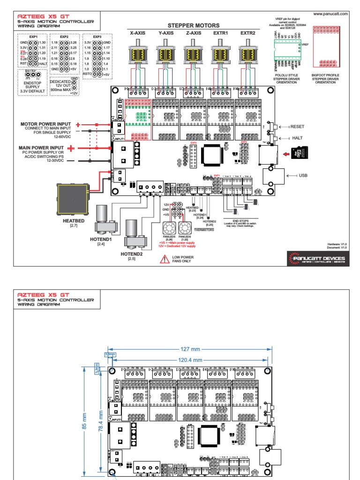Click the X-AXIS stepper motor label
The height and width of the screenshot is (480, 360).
139,33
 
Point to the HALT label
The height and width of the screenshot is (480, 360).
296,138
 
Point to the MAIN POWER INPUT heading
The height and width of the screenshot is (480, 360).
41,149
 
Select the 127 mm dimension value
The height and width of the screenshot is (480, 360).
190,349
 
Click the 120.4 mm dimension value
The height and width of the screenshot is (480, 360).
190,360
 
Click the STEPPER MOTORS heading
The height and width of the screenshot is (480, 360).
193,25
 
